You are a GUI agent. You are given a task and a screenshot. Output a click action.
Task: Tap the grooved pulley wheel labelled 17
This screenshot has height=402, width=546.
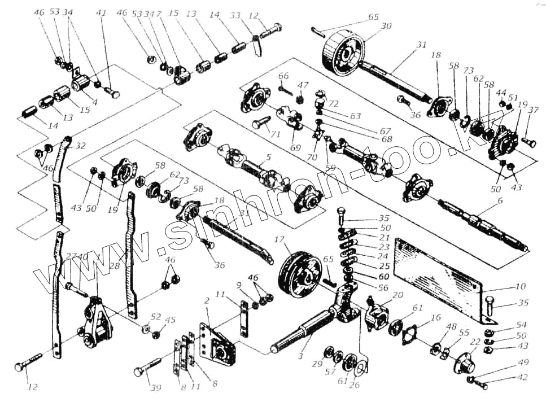pos(299,276)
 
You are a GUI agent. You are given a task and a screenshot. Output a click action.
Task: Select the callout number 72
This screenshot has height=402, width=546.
pos(333,104)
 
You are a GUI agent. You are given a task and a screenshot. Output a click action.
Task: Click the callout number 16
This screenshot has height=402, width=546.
pos(435,318)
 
